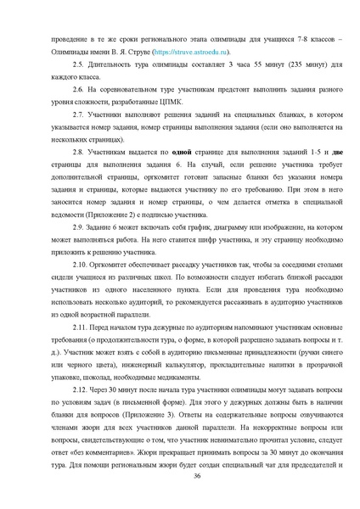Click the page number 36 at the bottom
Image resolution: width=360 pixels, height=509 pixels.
pyautogui.click(x=197, y=477)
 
